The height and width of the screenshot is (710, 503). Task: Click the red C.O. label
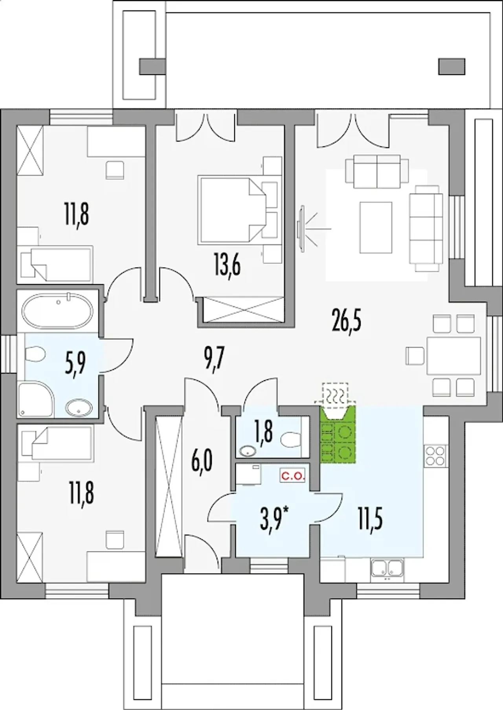[x=292, y=476]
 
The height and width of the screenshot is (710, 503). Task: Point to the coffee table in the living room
[x=376, y=227]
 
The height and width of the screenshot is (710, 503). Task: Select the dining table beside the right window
[x=453, y=355]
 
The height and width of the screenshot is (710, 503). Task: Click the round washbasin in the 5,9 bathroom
[x=79, y=408]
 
